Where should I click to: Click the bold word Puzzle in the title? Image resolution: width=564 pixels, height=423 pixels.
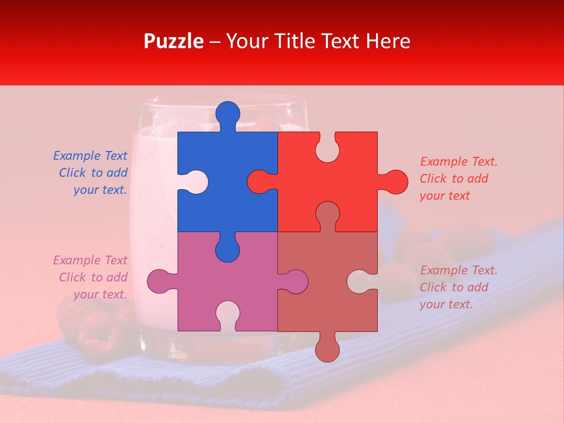[174, 41]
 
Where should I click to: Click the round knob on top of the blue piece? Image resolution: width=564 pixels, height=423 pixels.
[227, 114]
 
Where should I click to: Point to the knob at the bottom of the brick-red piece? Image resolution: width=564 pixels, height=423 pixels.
[327, 348]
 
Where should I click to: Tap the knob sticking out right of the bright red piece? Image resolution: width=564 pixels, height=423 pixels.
[394, 182]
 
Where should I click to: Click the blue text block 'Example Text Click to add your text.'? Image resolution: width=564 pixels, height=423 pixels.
[91, 173]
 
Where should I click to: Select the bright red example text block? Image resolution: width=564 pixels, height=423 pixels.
[458, 179]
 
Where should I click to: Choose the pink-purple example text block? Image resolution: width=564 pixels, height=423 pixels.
[91, 277]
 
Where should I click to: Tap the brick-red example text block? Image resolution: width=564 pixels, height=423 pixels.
[458, 287]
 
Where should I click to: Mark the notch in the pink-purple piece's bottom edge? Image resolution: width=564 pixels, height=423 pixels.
[227, 317]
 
